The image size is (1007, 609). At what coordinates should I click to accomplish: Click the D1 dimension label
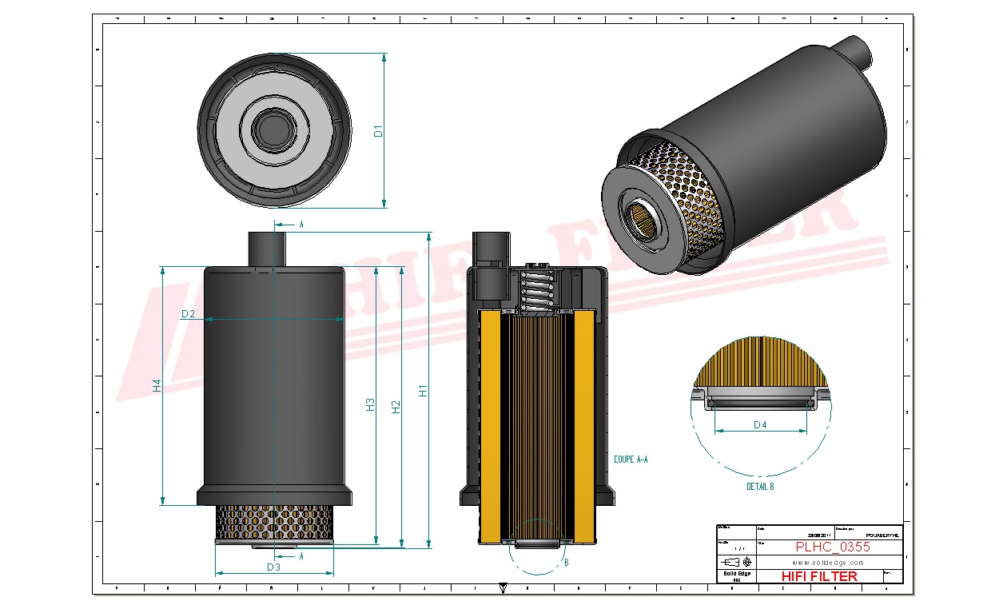coord(380,129)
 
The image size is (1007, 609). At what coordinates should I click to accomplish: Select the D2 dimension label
coord(188,314)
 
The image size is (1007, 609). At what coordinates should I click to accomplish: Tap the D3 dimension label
coord(273,567)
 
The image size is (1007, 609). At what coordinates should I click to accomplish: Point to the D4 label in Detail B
coord(760,424)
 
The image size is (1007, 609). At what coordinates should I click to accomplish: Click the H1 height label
coord(424,391)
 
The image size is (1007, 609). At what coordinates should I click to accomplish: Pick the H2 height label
coord(396,406)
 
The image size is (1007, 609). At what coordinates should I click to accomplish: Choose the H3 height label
coord(370,404)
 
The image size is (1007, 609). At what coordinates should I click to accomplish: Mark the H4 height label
coord(157,385)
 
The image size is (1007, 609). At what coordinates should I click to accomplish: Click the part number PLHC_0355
coord(833,547)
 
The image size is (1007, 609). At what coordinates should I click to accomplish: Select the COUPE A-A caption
coord(631,460)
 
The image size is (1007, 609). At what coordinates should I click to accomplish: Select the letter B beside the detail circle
coord(566,562)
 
